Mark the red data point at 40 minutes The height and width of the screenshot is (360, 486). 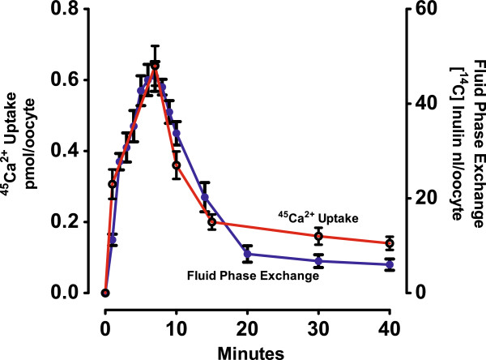click(x=390, y=243)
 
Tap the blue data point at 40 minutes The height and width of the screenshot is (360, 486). click(x=390, y=264)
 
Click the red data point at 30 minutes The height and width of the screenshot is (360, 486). click(x=318, y=237)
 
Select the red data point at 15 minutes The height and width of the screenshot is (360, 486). click(x=212, y=222)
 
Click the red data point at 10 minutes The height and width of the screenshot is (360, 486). click(x=177, y=165)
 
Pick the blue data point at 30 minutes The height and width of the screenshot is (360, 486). click(x=318, y=261)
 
